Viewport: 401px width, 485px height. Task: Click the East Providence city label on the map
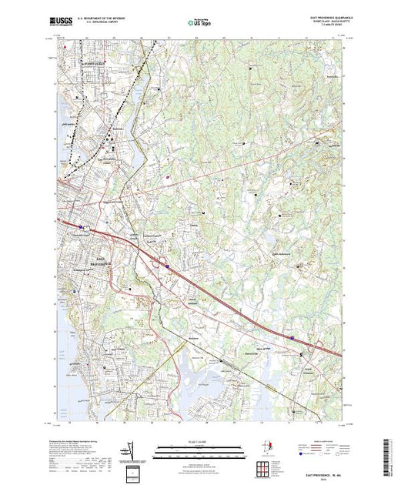(106, 259)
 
